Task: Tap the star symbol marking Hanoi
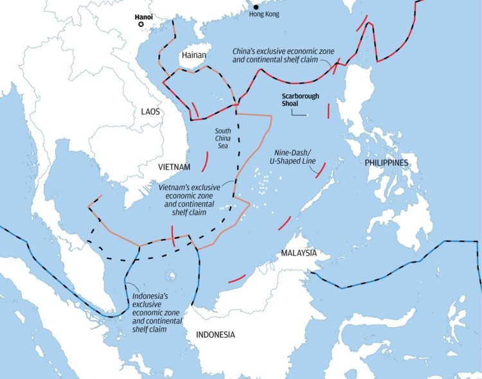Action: click(x=141, y=24)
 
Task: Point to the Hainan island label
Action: click(x=193, y=56)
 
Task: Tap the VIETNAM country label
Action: click(x=174, y=167)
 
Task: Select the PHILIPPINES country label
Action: click(x=386, y=163)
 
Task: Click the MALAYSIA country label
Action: click(x=298, y=253)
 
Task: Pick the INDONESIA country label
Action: click(x=215, y=335)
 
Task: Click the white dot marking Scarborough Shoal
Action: click(x=307, y=116)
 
